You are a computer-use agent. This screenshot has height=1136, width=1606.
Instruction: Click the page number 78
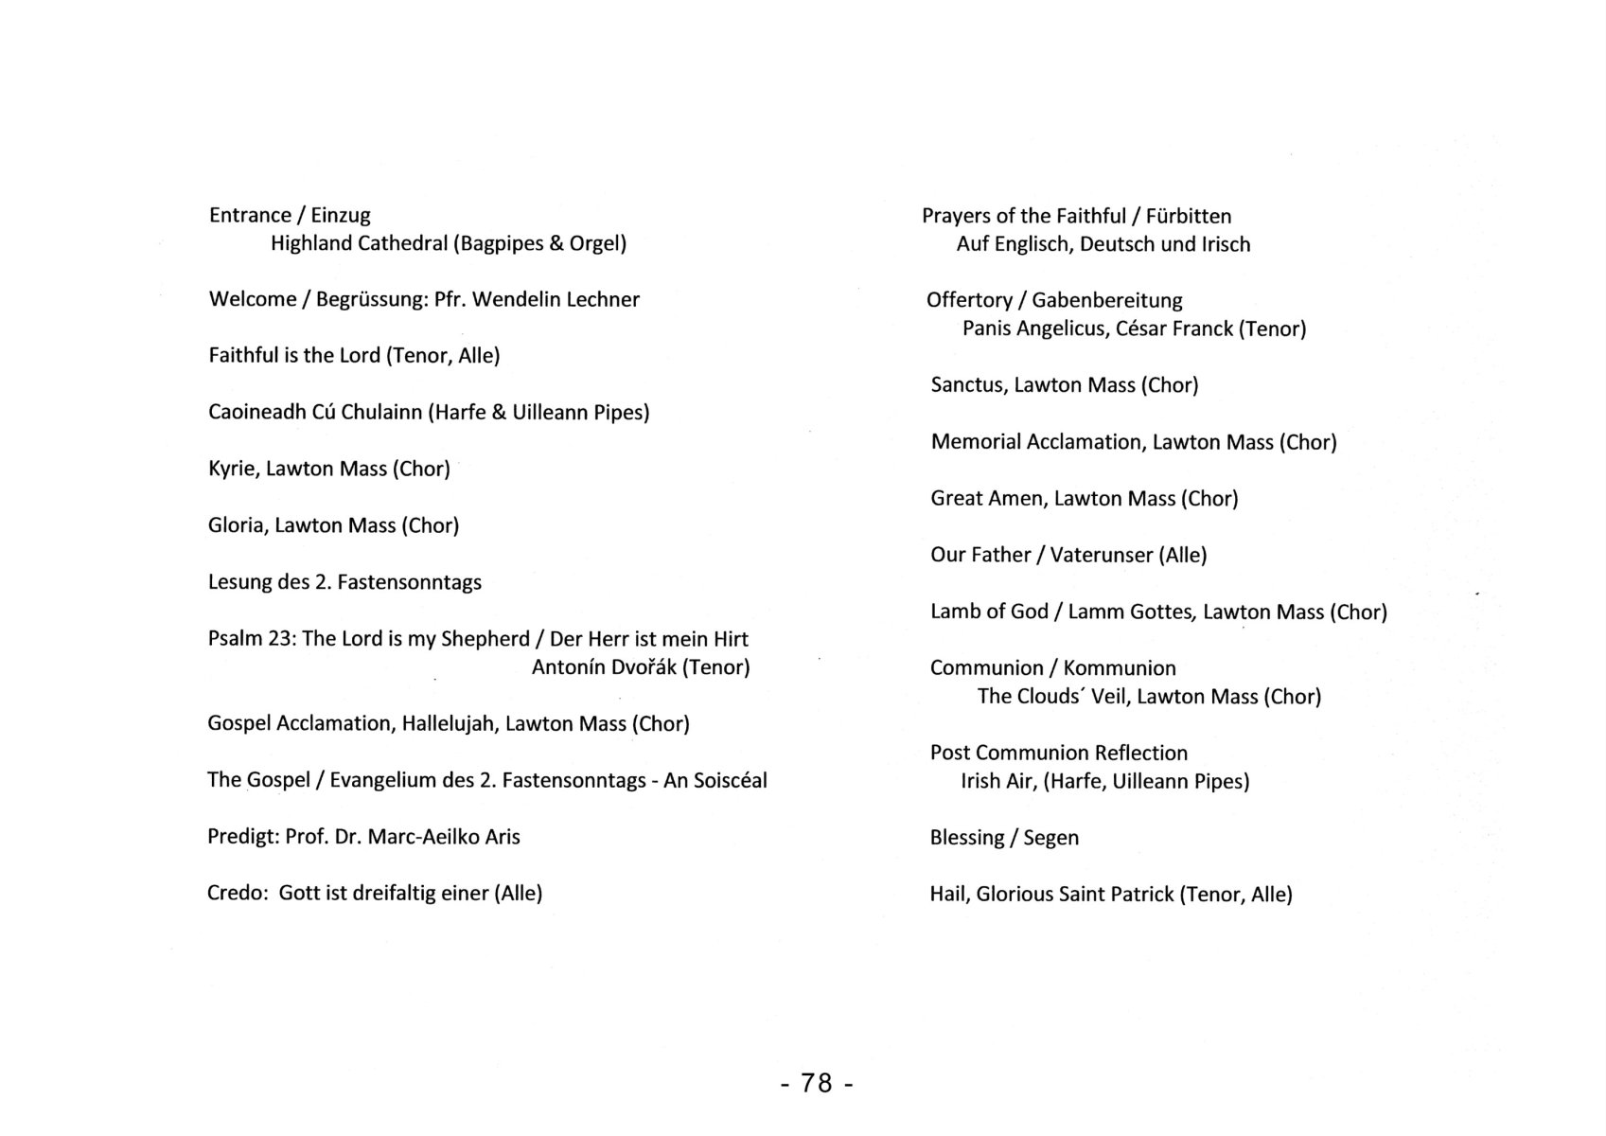pos(817,1082)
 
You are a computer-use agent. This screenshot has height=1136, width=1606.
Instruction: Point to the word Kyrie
pos(232,469)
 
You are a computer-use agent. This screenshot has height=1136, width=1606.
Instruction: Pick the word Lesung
pos(239,582)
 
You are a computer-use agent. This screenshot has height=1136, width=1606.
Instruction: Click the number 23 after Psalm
pos(281,638)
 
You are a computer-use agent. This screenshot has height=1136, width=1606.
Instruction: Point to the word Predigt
pos(242,837)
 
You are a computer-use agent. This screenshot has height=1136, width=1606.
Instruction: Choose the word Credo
pos(237,893)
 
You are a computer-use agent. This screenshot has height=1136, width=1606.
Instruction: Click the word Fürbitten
pos(1188,216)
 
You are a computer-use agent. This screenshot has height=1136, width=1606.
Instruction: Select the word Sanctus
pos(967,384)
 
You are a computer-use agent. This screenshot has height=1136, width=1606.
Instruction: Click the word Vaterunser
pos(1102,555)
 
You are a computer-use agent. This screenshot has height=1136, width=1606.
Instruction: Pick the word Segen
pos(1050,838)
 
